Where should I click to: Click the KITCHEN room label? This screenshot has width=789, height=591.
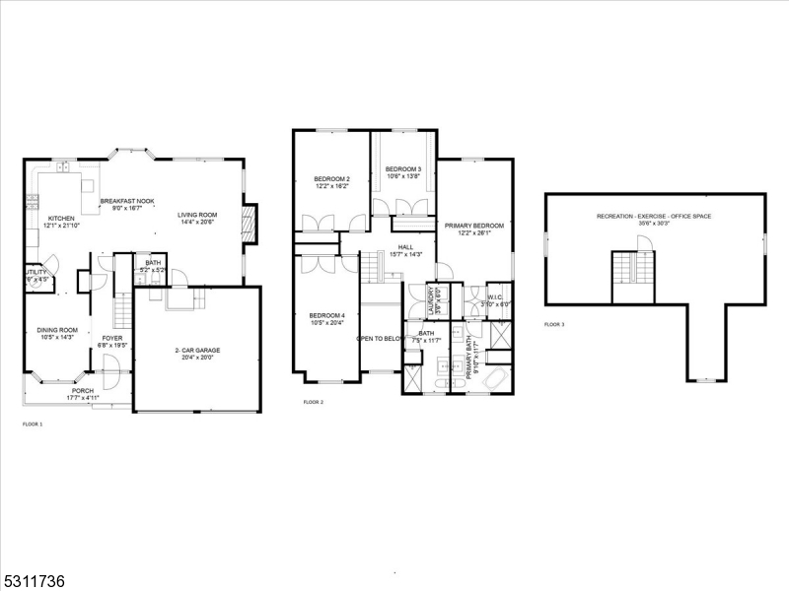coord(62,219)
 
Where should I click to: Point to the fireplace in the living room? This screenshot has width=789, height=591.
coord(250,222)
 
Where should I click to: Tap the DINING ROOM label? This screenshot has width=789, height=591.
coord(57,330)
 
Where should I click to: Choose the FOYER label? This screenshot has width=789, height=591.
coord(110,338)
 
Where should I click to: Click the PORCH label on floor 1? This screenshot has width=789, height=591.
coord(82,390)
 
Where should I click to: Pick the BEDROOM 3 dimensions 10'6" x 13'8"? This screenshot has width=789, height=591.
coord(403,177)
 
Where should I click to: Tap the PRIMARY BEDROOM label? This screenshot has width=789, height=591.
coord(473,226)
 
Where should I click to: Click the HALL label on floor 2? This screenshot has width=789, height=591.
coord(405,247)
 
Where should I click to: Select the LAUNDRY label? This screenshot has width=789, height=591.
coord(431,300)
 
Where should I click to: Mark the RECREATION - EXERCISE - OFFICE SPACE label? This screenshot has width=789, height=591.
coord(654,216)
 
